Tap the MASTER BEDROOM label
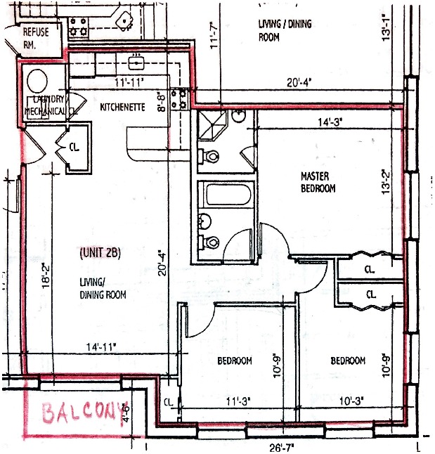[318, 182]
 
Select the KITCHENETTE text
[122, 108]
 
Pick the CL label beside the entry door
[74, 148]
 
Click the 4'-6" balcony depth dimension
[126, 411]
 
